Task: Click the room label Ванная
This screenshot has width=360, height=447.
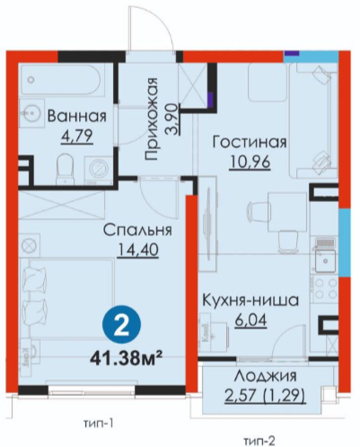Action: click(77, 116)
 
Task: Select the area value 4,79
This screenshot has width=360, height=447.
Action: click(76, 136)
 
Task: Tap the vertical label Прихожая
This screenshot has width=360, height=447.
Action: click(151, 119)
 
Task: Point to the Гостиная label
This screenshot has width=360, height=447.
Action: click(250, 142)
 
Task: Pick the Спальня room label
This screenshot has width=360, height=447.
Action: click(137, 231)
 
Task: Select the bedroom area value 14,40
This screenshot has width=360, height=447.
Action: click(138, 250)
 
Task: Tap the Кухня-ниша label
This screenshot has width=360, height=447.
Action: click(250, 301)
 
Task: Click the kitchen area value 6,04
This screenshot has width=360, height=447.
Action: click(250, 320)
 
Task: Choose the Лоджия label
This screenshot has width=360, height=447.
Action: click(265, 376)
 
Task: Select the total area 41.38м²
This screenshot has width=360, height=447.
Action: click(127, 359)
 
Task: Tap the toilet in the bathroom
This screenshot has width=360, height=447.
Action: click(65, 170)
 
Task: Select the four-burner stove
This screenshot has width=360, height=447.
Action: click(324, 290)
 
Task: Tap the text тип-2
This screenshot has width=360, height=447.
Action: click(259, 441)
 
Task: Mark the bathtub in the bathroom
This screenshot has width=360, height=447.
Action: click(62, 80)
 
